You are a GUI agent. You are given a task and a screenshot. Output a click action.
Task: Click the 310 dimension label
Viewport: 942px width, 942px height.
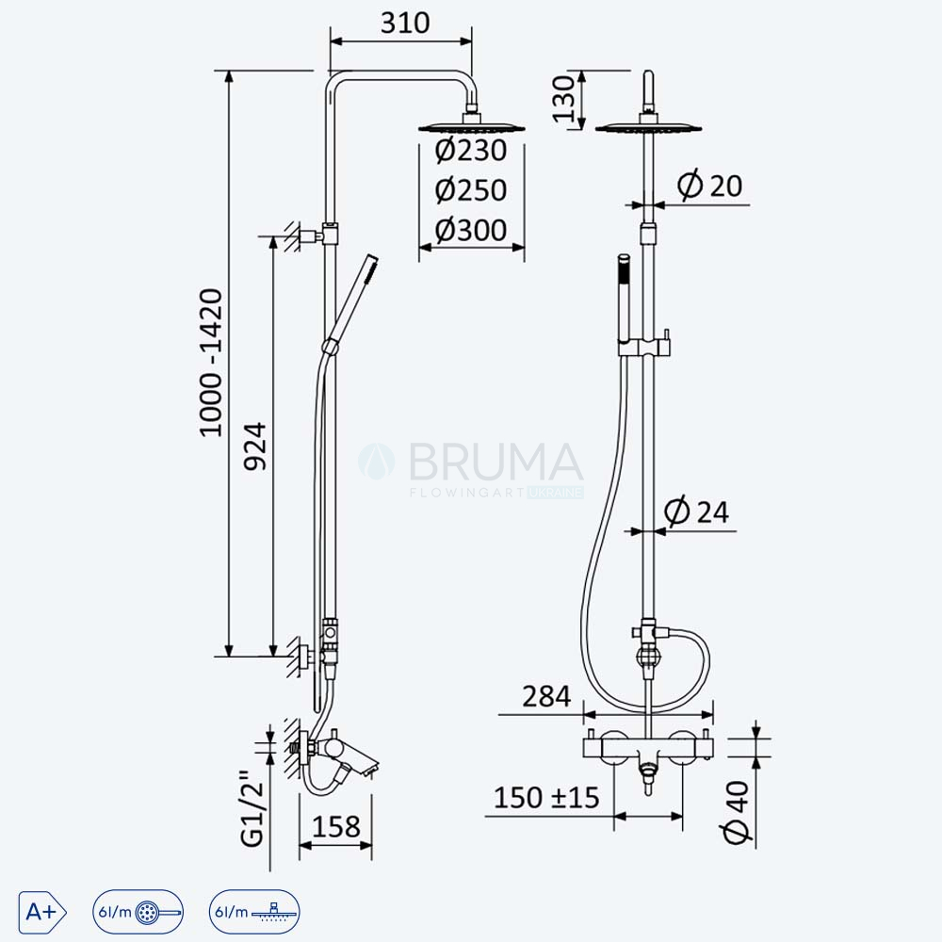[405, 23]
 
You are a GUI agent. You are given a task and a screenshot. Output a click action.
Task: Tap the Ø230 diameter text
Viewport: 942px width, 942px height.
[471, 150]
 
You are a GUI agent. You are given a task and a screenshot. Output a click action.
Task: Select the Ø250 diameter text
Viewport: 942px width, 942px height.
[471, 190]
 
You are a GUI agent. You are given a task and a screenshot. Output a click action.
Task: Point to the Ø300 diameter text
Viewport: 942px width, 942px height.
[471, 230]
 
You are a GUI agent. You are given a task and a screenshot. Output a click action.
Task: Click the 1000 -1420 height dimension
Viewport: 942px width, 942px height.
[211, 363]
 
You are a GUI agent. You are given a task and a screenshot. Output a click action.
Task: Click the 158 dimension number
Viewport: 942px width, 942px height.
[336, 827]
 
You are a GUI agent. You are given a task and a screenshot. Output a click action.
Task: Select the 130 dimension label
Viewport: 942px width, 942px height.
[564, 99]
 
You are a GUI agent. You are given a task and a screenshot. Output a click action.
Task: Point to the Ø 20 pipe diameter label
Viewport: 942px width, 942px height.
[710, 185]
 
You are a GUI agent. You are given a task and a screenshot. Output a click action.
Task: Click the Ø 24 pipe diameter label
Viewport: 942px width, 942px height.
[697, 512]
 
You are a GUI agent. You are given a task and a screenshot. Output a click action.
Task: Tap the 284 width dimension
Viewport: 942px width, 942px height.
[546, 697]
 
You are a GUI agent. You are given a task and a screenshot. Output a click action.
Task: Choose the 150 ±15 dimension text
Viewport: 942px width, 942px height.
[546, 798]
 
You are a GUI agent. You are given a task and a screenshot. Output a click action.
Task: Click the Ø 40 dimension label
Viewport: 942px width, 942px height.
[737, 812]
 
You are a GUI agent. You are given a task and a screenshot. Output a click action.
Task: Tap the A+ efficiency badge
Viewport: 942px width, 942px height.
[42, 912]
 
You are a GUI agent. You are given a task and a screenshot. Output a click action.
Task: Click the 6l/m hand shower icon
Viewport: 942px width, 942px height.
[138, 912]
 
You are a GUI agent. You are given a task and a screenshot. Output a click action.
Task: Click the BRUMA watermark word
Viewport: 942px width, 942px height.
[496, 462]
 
